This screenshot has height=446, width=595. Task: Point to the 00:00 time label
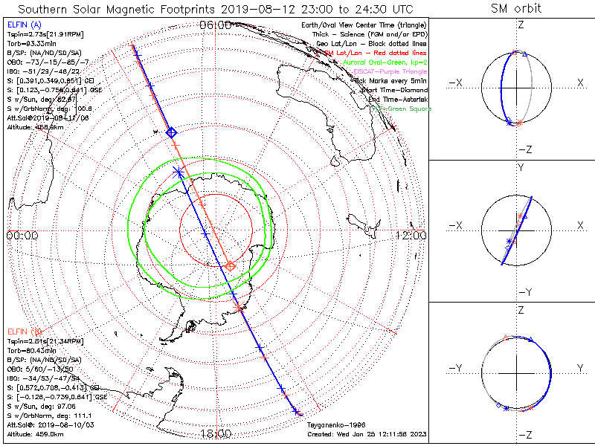[x=22, y=235]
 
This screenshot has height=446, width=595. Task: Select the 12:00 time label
[x=411, y=235]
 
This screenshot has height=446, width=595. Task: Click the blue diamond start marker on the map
[x=171, y=132]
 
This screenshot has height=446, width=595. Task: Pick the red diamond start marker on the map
[x=231, y=265]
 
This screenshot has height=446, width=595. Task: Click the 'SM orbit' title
[x=516, y=9]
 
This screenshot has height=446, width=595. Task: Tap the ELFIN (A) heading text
[x=22, y=25]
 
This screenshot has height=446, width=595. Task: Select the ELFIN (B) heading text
[x=22, y=331]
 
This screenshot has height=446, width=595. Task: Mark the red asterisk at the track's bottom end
[x=296, y=411]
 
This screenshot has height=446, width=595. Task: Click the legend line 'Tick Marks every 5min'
[x=387, y=80]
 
